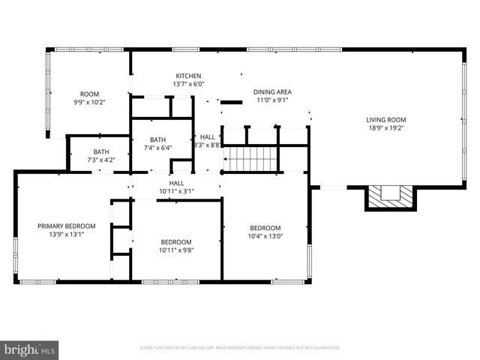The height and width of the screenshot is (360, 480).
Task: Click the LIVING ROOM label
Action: [x=386, y=120]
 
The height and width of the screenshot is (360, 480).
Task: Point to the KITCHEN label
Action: [x=188, y=76]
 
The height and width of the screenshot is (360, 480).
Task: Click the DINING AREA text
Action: [x=272, y=91]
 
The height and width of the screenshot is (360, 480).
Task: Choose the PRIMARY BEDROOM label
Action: [x=67, y=226]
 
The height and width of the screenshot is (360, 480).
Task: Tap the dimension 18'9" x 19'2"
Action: [x=386, y=128]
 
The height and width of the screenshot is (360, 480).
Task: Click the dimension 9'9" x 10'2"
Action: [x=89, y=102]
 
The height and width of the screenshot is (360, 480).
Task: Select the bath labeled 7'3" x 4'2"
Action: [x=100, y=156]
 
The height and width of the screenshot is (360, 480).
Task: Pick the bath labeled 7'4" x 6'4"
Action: [x=157, y=143]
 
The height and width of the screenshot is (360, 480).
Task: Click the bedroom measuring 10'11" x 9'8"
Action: [x=177, y=245]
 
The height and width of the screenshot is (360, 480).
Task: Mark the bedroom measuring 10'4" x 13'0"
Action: [x=265, y=232]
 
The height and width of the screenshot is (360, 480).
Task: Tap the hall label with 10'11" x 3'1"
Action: [x=176, y=187]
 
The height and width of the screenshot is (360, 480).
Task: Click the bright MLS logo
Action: [x=30, y=349]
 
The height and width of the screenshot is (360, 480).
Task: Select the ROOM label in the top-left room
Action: [x=89, y=94]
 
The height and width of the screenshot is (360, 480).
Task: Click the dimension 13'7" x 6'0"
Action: [x=188, y=85]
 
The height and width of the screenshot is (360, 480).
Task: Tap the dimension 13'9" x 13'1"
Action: [x=67, y=234]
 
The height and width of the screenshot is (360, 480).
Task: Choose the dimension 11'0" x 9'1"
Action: [x=272, y=100]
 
